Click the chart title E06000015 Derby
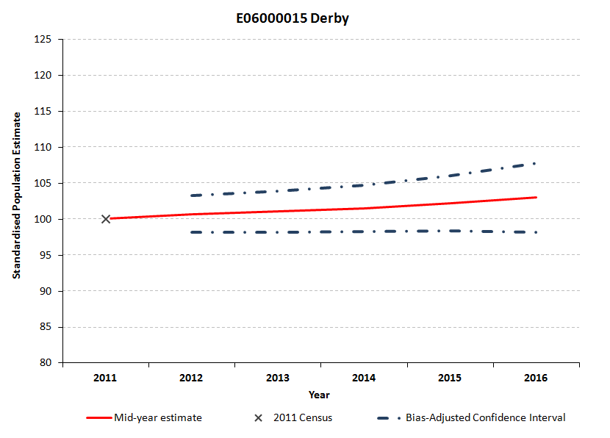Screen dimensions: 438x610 [x=293, y=18]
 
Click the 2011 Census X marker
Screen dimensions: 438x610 [x=106, y=219]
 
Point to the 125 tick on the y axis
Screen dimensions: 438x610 [x=43, y=39]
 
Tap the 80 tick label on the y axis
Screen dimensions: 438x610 [x=45, y=362]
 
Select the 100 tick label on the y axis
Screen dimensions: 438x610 [x=43, y=219]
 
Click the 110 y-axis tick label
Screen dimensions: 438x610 [x=43, y=147]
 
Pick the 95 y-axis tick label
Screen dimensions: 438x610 [x=45, y=255]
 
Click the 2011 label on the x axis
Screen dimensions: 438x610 [x=106, y=378]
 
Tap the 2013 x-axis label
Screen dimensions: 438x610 [x=278, y=378]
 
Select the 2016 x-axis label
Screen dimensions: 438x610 [x=536, y=378]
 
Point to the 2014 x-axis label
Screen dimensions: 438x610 [x=364, y=378]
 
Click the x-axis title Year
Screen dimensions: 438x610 [x=319, y=395]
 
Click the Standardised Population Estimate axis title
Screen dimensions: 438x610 [x=16, y=201]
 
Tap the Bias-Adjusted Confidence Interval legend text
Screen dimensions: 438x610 [x=486, y=418]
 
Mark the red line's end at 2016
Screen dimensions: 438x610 [x=537, y=197]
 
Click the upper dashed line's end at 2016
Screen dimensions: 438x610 [x=537, y=163]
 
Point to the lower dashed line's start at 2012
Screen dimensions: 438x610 [x=192, y=232]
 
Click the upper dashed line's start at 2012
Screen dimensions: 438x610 [x=192, y=195]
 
